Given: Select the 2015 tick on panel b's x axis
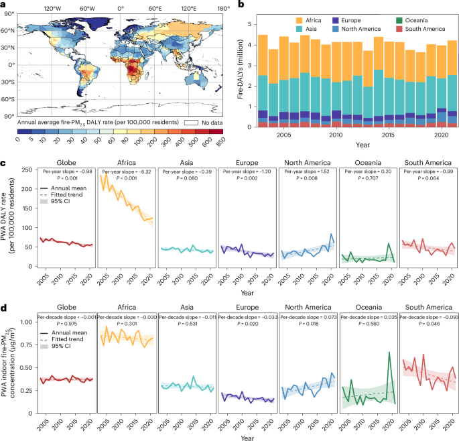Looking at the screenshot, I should pos(378,135).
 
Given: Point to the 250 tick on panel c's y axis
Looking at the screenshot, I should pos(28,170).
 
